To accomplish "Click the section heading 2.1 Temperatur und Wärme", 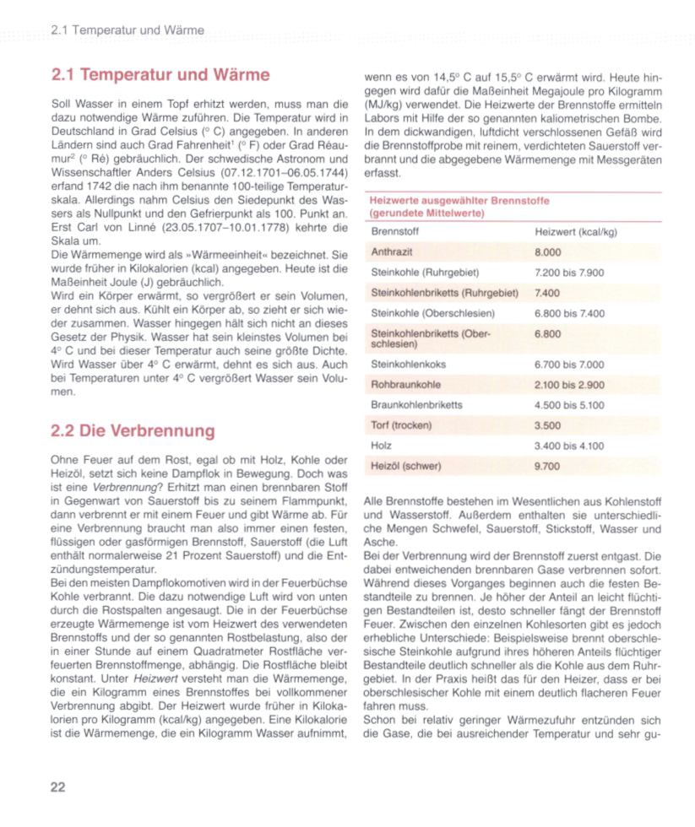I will click(160, 75).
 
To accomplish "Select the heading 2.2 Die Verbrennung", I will click(133, 431).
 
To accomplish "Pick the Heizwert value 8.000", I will click(548, 252).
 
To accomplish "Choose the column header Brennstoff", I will click(395, 231).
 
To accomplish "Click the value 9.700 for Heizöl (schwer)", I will click(548, 465).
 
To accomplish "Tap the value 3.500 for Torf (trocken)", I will click(548, 425).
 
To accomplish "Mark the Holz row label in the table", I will click(382, 445).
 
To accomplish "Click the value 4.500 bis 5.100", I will click(570, 405).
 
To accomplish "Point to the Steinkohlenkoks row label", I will click(409, 365).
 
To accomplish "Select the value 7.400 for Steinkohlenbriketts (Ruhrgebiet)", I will click(548, 293).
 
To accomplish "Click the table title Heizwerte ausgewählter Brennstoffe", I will click(459, 202).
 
